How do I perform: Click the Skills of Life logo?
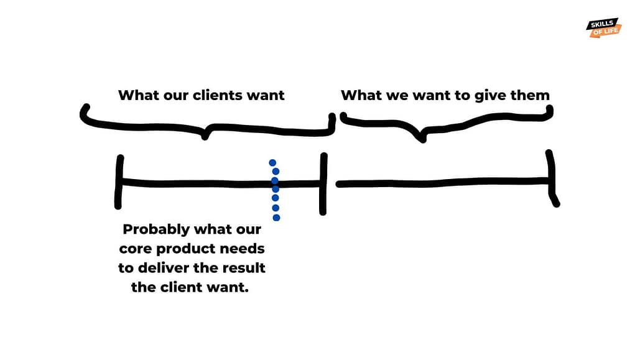pyautogui.click(x=603, y=27)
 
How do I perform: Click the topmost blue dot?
pyautogui.click(x=272, y=163)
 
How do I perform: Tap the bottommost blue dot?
pyautogui.click(x=276, y=217)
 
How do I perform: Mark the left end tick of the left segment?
pyautogui.click(x=118, y=182)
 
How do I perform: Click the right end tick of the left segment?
pyautogui.click(x=323, y=184)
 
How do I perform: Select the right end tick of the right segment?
pyautogui.click(x=550, y=178)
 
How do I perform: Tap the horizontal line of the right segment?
pyautogui.click(x=442, y=183)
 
